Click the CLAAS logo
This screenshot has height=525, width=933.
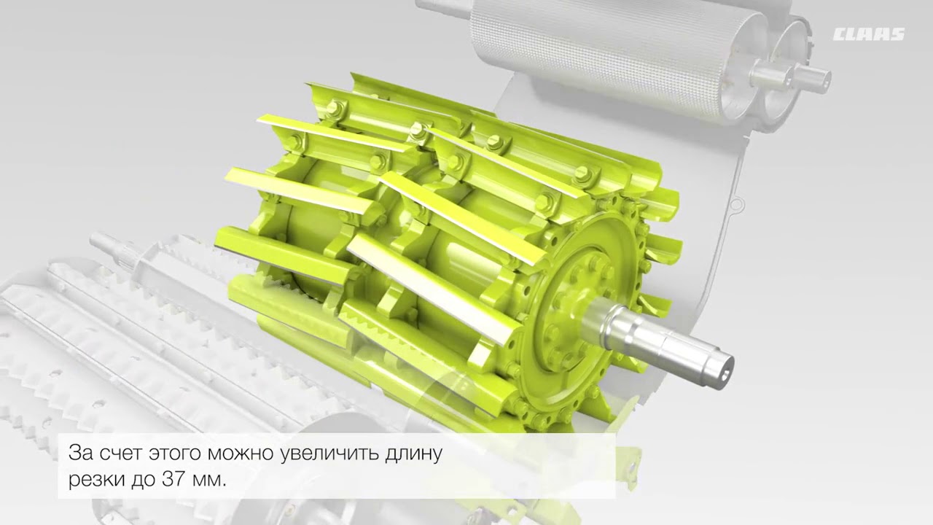click(x=868, y=34)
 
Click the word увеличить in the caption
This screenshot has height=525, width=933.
click(x=331, y=453)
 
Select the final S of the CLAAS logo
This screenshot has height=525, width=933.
click(x=896, y=34)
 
